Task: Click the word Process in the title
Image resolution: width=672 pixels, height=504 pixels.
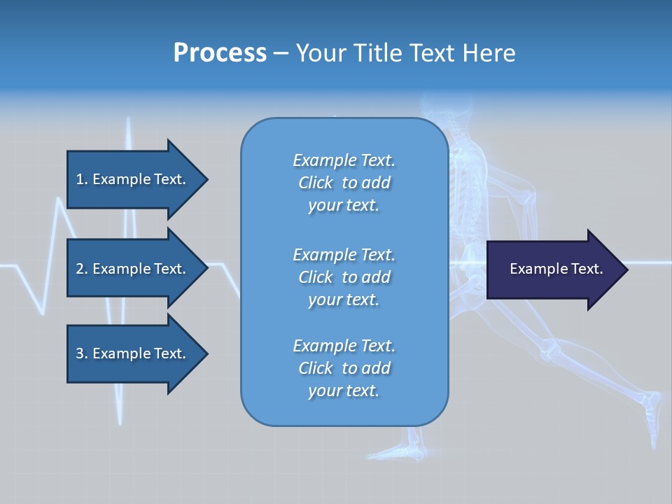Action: (220, 53)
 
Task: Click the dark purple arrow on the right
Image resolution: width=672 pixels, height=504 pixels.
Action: (553, 269)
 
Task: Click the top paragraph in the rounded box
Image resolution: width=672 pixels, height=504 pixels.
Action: (344, 183)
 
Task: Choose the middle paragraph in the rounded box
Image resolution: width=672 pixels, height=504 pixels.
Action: (344, 277)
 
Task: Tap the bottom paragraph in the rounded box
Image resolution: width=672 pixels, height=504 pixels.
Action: (344, 368)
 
